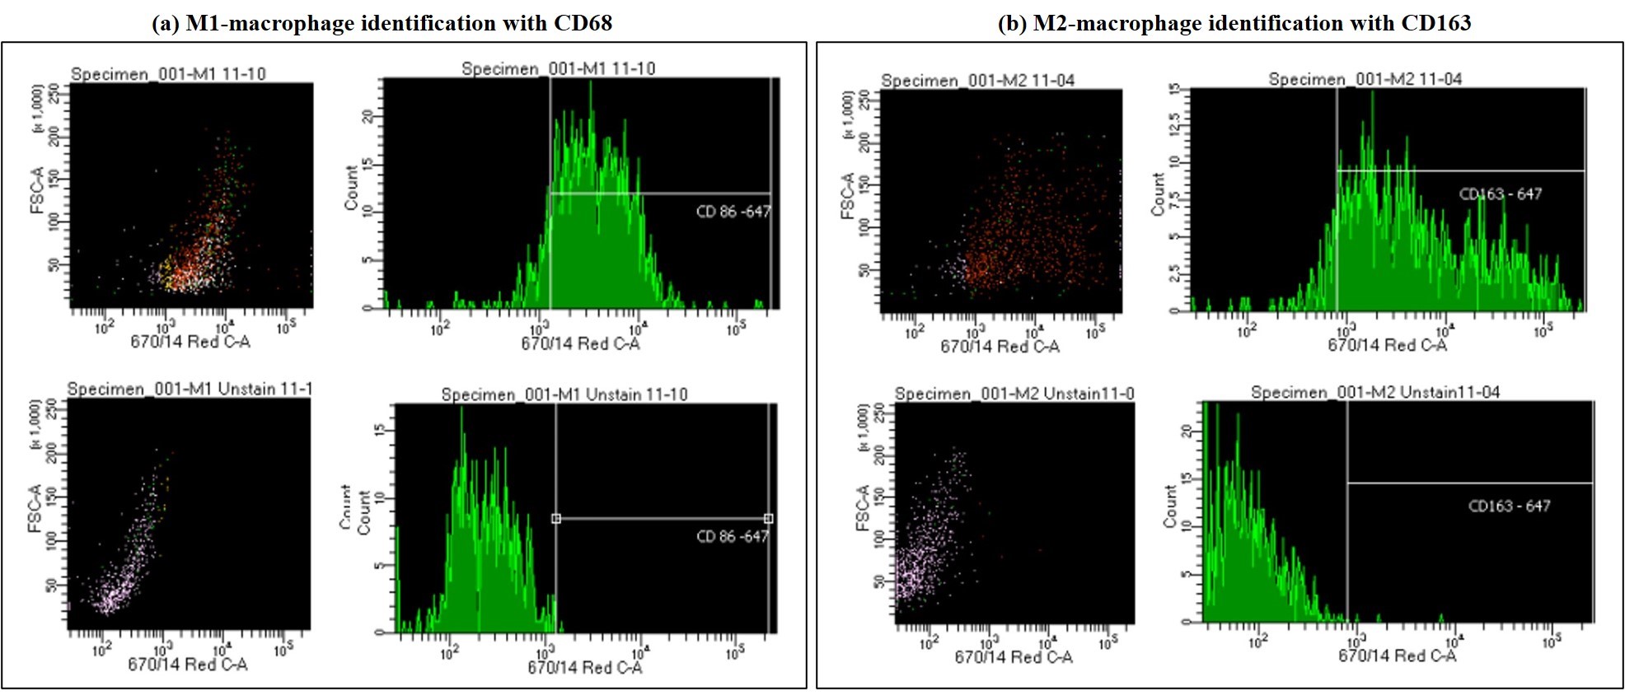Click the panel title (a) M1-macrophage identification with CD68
[382, 23]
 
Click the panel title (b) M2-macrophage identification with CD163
[1234, 23]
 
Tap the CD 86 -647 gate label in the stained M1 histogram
[733, 212]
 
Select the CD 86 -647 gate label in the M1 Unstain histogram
[732, 537]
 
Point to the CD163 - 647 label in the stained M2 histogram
[1500, 194]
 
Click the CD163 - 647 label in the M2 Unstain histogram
[1509, 506]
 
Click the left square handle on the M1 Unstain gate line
[556, 519]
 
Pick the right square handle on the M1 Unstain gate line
[768, 519]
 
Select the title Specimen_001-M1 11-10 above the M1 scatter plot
[168, 74]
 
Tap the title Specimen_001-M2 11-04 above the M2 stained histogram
[1365, 79]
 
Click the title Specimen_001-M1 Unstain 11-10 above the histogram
[564, 394]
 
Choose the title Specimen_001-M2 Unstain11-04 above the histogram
[1374, 393]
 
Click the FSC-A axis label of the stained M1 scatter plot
[36, 190]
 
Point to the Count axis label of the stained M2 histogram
[1158, 194]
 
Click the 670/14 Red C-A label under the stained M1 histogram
[580, 343]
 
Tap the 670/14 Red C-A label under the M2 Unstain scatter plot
[1013, 657]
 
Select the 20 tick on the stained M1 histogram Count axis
[368, 116]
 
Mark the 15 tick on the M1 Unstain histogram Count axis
[379, 430]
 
